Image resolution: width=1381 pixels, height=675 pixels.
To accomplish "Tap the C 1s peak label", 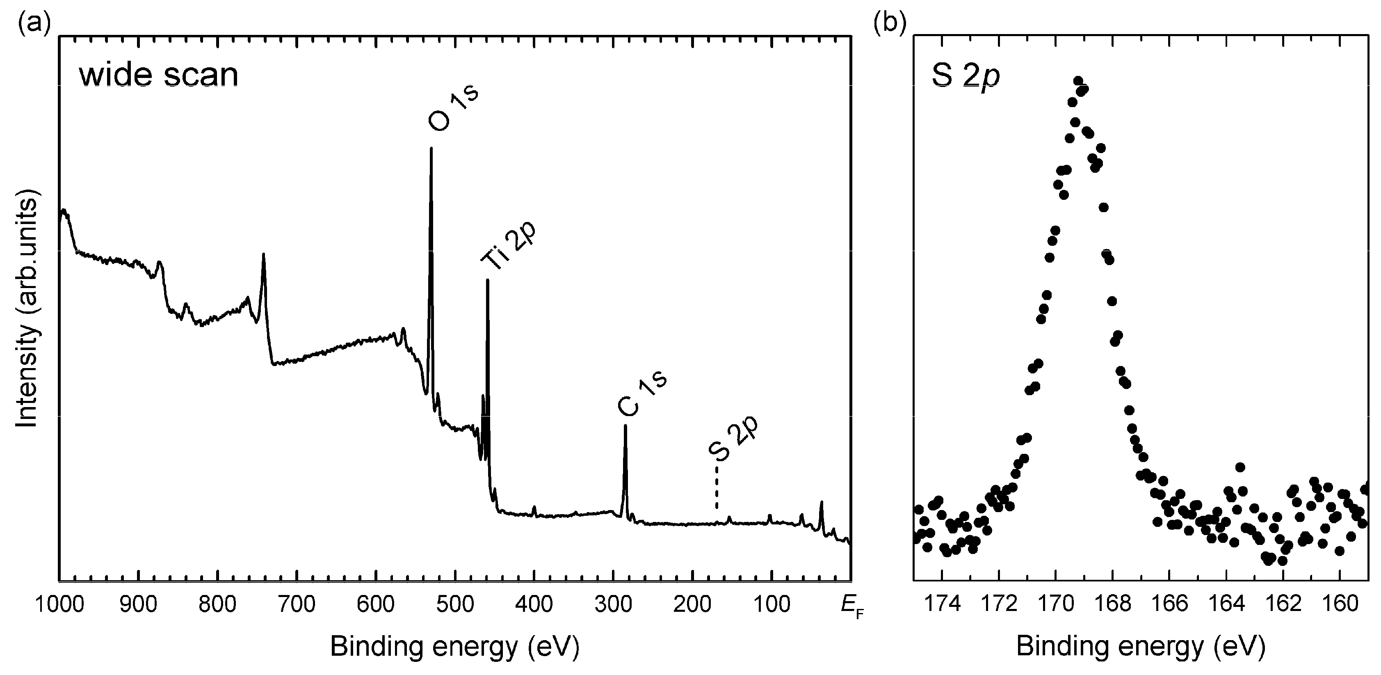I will click(x=642, y=394).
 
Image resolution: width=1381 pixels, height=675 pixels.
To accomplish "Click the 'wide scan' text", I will click(x=159, y=75).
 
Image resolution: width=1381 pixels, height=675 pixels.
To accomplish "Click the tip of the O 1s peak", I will click(x=431, y=149).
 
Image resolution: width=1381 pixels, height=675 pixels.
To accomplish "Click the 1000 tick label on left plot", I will click(x=59, y=605).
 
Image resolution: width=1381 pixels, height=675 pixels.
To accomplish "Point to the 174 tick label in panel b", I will click(x=942, y=605).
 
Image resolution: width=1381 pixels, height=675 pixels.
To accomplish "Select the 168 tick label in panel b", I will click(x=1112, y=605).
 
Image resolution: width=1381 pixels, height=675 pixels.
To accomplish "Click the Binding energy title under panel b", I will click(x=1141, y=647).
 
